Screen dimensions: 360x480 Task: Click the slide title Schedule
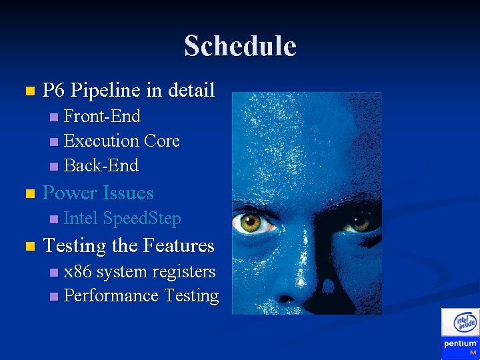pos(240,46)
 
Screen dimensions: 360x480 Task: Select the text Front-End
pos(102,117)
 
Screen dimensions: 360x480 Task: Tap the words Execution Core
pos(121,141)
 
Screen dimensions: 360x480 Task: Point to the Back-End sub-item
pos(101,165)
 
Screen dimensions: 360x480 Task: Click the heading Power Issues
pos(98,193)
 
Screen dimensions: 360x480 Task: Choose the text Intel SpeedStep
pos(122,219)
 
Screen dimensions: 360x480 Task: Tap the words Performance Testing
pos(141,296)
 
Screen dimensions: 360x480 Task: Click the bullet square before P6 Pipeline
pos(27,91)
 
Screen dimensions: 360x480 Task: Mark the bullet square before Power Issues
pos(27,194)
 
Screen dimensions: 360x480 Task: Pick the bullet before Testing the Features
pos(27,247)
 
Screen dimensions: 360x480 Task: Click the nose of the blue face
pos(293,280)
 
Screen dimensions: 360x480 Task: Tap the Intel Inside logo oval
pos(465,323)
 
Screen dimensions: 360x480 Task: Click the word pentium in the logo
pos(460,344)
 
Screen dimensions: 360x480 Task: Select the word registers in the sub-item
pos(183,272)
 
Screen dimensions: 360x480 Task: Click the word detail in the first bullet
pos(191,90)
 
